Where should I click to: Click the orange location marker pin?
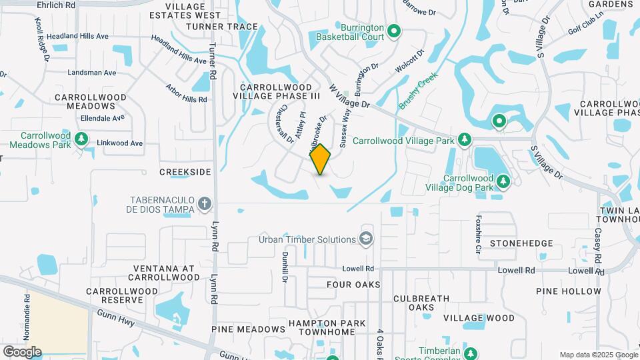tap(321, 159)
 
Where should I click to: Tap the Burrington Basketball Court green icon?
tap(393, 30)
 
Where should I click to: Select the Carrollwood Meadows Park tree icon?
tap(81, 139)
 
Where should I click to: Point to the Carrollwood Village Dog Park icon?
tap(503, 181)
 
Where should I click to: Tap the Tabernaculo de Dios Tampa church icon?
tap(205, 203)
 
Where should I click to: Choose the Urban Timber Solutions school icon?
tap(365, 239)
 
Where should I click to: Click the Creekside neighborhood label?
tap(185, 172)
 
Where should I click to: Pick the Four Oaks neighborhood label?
tap(353, 285)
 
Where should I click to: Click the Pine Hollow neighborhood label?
tap(568, 291)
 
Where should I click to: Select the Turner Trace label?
tap(213, 27)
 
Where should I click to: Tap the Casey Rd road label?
tap(598, 245)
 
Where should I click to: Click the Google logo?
tap(22, 351)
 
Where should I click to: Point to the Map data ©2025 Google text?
tap(598, 355)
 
